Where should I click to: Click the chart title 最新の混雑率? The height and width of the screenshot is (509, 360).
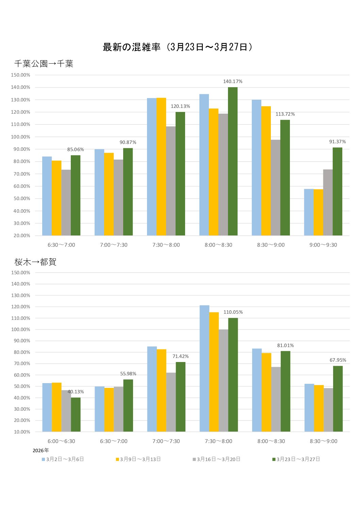click(x=132, y=47)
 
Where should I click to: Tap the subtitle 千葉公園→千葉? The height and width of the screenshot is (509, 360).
click(x=44, y=64)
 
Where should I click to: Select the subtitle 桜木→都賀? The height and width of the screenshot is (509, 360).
click(x=35, y=262)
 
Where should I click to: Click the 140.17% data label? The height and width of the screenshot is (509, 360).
click(x=233, y=81)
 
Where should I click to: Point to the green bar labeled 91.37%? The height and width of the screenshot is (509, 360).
click(x=338, y=191)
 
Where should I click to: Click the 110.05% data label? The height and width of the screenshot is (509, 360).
click(x=233, y=312)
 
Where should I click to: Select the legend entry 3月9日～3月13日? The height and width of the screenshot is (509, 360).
click(x=138, y=459)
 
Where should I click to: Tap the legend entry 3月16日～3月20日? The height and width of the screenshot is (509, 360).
click(x=217, y=459)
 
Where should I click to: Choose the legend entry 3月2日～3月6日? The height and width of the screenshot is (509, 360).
click(x=63, y=459)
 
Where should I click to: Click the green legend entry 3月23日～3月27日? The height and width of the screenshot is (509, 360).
click(x=296, y=459)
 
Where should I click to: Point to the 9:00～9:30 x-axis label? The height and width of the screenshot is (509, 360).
click(x=323, y=245)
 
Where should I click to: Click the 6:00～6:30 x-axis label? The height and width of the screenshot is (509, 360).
click(x=61, y=441)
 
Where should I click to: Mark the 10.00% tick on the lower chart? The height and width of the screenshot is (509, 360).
click(x=22, y=432)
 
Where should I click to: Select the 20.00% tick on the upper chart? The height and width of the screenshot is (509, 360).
click(x=22, y=236)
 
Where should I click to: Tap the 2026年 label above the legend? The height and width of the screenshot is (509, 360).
click(x=41, y=450)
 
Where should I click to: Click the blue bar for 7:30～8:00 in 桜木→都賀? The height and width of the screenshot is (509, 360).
click(x=204, y=368)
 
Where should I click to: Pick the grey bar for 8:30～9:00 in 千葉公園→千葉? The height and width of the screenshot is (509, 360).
click(x=276, y=188)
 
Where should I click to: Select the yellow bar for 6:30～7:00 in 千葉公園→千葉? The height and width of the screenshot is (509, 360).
click(x=56, y=198)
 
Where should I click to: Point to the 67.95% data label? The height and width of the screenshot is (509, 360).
click(x=338, y=360)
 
